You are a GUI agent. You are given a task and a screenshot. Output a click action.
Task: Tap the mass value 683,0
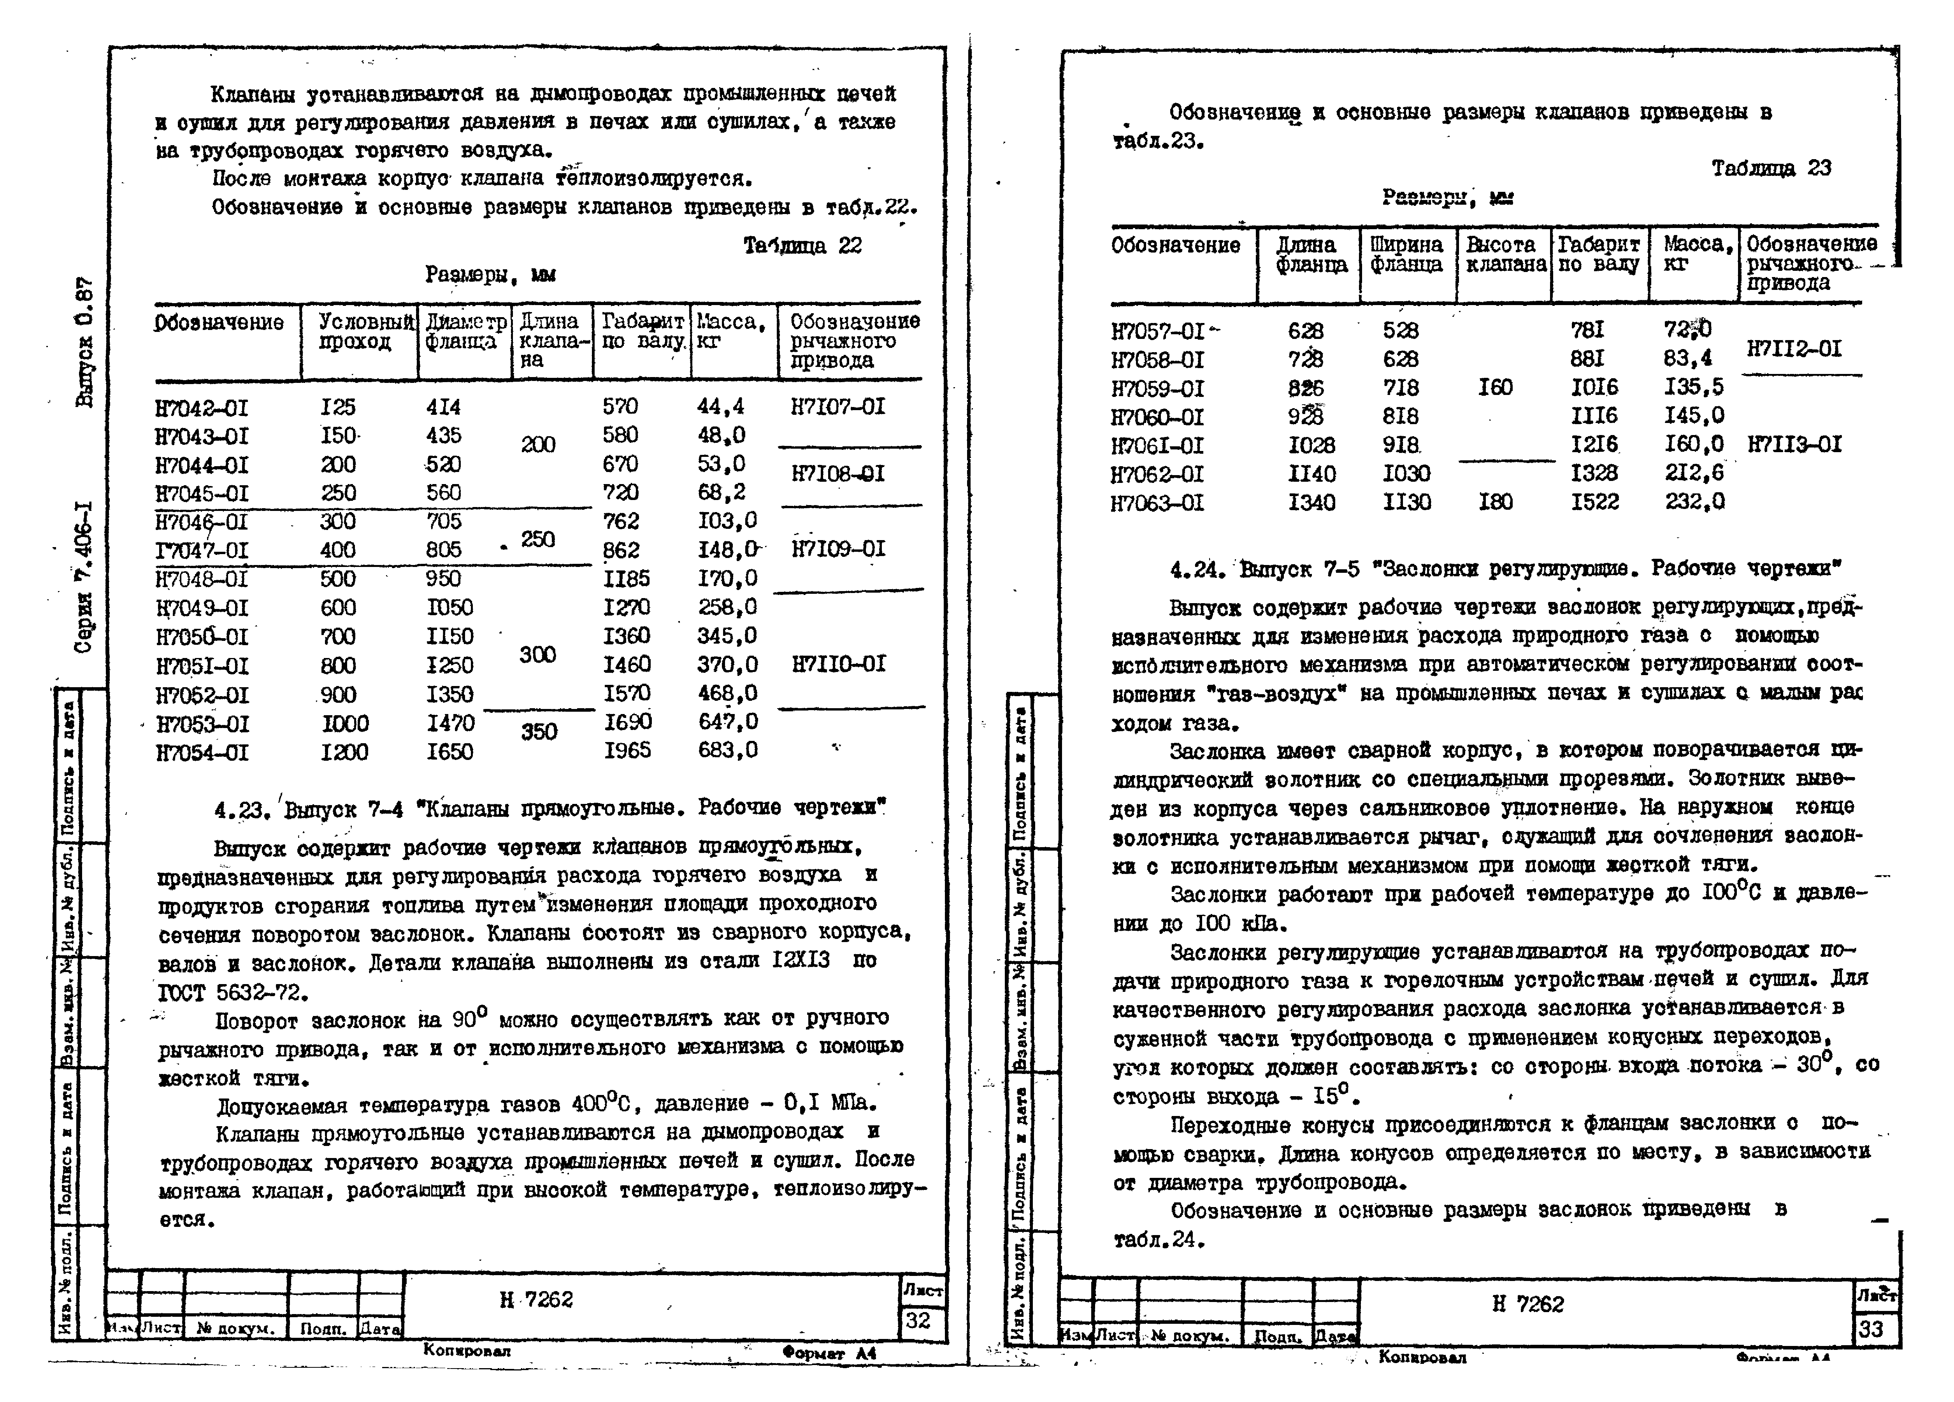728,751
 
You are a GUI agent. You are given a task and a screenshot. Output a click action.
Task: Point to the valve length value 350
539,732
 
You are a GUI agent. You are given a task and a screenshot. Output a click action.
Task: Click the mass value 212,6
1694,474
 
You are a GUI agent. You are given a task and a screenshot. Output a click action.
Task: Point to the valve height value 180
1496,502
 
